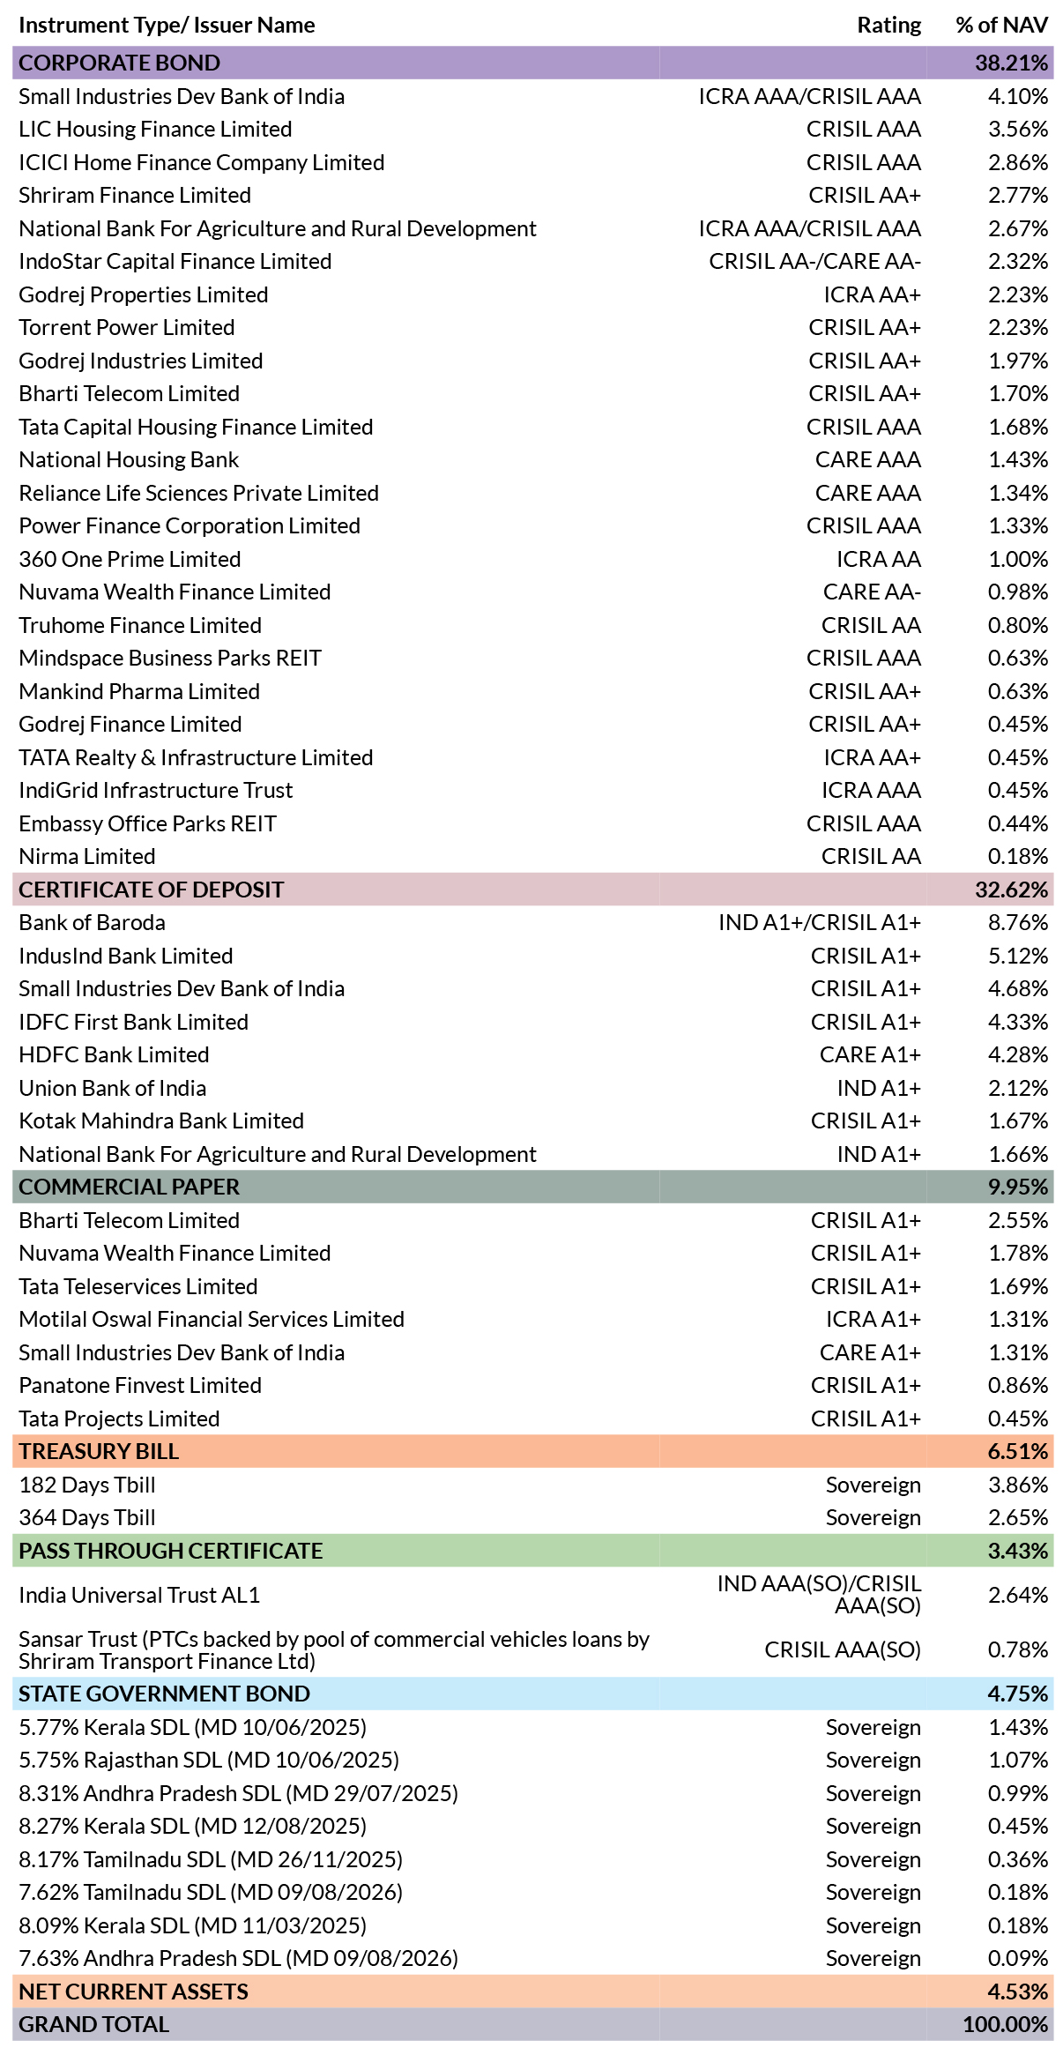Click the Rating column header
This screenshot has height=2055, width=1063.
[888, 26]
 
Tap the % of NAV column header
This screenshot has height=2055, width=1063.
[1001, 26]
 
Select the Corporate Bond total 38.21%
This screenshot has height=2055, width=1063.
[1011, 63]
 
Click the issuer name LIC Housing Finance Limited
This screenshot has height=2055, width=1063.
[155, 130]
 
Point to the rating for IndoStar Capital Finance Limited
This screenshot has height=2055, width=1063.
[814, 262]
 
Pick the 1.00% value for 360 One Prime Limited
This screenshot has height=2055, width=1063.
[1018, 560]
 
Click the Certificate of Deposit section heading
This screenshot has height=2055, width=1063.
[152, 890]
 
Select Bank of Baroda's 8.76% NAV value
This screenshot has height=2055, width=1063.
[1018, 923]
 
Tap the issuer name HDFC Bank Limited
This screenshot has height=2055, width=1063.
[114, 1055]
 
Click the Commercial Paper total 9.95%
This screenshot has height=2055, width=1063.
[1018, 1188]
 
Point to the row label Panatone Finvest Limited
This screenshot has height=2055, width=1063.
[140, 1386]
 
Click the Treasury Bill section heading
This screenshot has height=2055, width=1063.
[99, 1452]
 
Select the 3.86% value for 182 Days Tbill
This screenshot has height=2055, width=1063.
[1018, 1485]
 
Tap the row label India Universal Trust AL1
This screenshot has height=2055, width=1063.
[139, 1596]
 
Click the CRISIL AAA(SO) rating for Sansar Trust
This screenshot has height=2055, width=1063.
[843, 1650]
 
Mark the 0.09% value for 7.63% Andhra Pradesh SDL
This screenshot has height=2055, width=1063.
[1018, 1959]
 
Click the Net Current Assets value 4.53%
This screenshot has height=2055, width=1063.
[1018, 1992]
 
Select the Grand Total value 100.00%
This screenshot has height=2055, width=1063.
[1006, 2025]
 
